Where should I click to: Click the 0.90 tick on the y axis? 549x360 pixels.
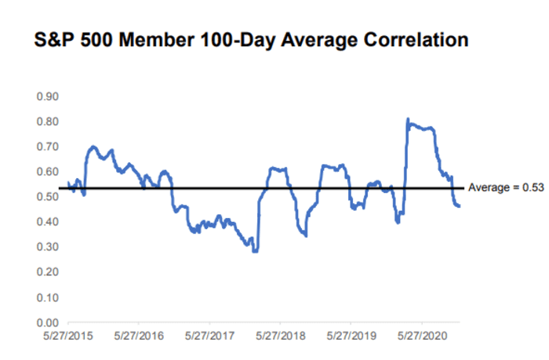tap(47, 96)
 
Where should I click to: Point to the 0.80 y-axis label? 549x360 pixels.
tap(47, 122)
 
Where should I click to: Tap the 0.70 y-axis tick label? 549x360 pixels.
tap(47, 147)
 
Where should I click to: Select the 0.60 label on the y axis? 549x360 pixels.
tap(47, 172)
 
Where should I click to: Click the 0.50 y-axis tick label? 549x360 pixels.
tap(47, 197)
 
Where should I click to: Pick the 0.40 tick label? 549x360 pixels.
tap(47, 222)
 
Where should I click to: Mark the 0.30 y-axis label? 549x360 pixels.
tap(47, 247)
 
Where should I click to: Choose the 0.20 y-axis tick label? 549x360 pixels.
tap(47, 272)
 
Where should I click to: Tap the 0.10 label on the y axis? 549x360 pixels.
tap(47, 297)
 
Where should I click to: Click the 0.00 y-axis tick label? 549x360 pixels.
tap(47, 322)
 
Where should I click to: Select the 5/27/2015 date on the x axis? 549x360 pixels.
tap(67, 335)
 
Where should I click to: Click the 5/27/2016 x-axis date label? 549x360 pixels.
tap(139, 335)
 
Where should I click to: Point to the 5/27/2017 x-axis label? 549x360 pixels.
tap(209, 335)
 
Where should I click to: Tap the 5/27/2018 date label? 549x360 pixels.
tap(281, 335)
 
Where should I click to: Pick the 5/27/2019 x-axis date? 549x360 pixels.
tap(351, 335)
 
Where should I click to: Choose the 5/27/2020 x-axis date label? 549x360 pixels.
tap(423, 335)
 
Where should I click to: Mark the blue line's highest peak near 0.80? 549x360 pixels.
tap(408, 119)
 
